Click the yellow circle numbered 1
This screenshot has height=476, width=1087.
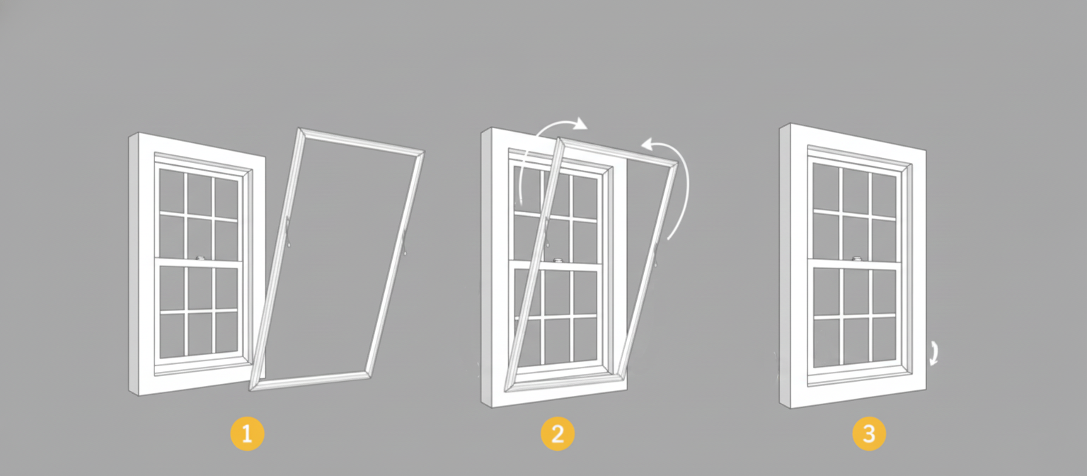[247, 434]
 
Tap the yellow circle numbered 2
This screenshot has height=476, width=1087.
[558, 434]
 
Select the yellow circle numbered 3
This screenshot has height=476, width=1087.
[868, 434]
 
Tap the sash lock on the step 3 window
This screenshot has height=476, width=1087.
[857, 259]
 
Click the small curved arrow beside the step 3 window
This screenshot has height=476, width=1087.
[935, 353]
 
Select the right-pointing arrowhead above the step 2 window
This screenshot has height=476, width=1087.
[580, 125]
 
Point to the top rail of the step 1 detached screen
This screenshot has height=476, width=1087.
[361, 140]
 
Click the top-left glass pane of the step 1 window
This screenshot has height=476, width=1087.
[172, 190]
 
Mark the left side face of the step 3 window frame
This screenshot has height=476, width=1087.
[785, 266]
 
